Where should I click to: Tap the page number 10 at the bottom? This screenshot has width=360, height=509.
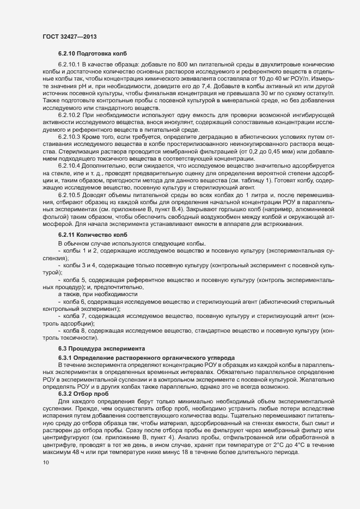point(45,463)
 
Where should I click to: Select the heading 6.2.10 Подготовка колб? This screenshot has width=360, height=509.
point(92,54)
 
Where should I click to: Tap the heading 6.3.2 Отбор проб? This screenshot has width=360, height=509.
point(83,393)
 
